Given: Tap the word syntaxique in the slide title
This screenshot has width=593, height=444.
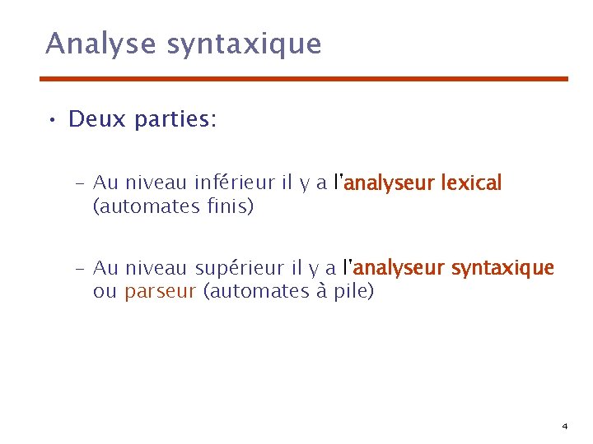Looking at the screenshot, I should (244, 44).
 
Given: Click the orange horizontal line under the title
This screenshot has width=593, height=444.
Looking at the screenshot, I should (305, 79).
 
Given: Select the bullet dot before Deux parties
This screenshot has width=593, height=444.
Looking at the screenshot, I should (51, 121).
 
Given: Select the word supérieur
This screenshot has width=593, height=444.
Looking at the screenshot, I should (239, 268).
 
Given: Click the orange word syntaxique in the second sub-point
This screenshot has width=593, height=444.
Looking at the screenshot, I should (502, 268).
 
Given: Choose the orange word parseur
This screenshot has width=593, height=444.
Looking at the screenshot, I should (161, 292).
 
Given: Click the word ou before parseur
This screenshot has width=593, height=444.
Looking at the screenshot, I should (105, 292).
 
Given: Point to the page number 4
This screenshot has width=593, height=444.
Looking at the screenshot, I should (564, 427).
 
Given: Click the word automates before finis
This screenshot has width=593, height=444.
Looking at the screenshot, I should (147, 206).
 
